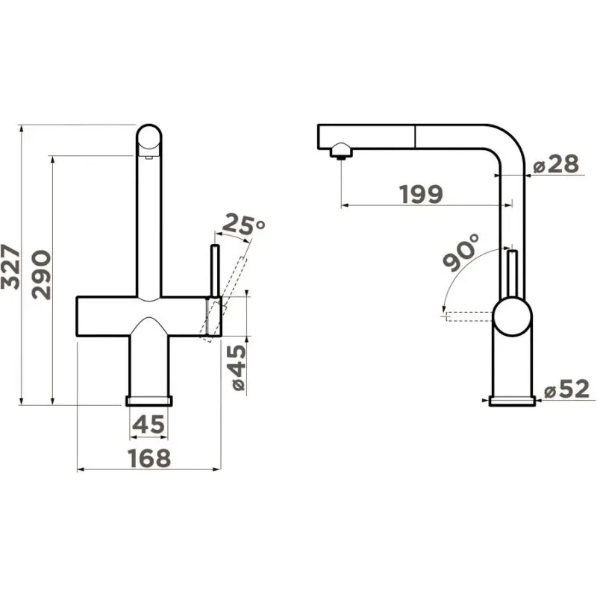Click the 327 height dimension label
(x=10, y=266)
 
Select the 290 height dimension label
(x=41, y=275)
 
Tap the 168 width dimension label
(x=149, y=458)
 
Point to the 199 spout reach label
(x=421, y=194)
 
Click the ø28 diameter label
(x=556, y=164)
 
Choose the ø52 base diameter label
(x=567, y=389)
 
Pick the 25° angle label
(x=243, y=225)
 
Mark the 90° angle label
(x=461, y=252)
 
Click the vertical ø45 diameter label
(x=238, y=368)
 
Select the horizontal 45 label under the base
(x=149, y=424)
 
